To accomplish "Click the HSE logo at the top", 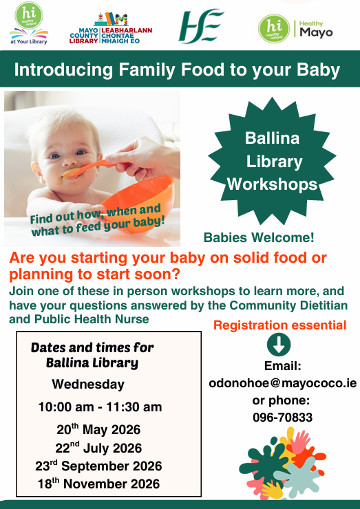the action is [201, 26].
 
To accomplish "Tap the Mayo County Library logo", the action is [110, 28].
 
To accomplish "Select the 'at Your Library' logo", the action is [29, 23].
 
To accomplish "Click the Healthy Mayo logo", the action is [296, 29].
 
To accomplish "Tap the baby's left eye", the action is [80, 152].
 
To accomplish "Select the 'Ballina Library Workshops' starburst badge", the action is [273, 162].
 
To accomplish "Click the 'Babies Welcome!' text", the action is [259, 237].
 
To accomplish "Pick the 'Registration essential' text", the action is [279, 325].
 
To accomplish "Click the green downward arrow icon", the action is [279, 345].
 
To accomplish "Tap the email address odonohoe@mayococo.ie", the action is [283, 383].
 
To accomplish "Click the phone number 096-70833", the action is [283, 418].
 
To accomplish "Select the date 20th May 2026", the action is [98, 429].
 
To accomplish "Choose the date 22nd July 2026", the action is [98, 448].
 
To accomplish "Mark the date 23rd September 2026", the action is [98, 466].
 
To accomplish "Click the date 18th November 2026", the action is [98, 484].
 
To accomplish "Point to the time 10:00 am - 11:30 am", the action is [100, 407].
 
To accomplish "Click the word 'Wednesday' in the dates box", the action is [88, 385].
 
